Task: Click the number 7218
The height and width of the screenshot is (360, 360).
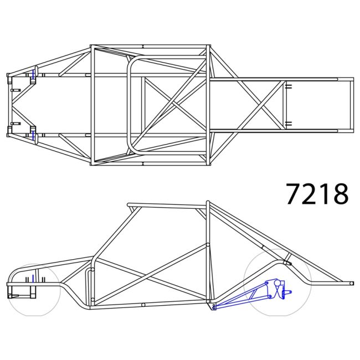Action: point(317,194)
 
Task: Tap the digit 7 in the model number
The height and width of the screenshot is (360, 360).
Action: point(295,194)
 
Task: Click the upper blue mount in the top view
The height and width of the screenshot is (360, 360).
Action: point(34,74)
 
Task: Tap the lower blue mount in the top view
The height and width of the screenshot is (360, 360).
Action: point(34,135)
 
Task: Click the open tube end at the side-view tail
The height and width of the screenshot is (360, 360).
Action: point(351,283)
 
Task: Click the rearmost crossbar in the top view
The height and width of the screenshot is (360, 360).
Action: point(351,105)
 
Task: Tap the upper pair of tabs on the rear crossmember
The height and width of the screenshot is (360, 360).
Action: point(288,86)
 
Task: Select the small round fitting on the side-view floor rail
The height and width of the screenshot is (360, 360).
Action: point(143,305)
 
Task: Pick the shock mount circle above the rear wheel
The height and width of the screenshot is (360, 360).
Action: point(286,262)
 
